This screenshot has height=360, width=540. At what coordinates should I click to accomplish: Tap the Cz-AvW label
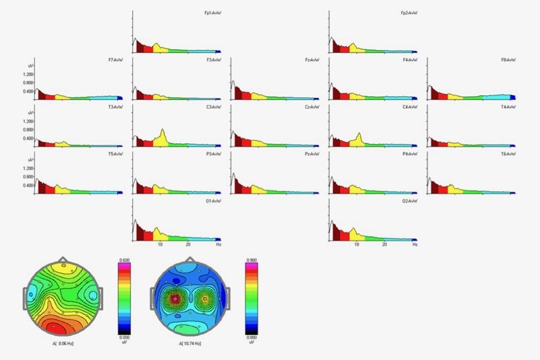(312, 107)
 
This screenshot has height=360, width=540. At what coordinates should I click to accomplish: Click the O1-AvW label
(214, 201)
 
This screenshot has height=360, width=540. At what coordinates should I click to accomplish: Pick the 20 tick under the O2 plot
(384, 245)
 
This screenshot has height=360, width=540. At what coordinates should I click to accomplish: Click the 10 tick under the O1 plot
(160, 245)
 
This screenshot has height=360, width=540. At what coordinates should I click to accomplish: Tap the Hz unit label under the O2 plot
(414, 245)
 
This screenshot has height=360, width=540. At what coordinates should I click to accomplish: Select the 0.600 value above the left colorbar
(124, 260)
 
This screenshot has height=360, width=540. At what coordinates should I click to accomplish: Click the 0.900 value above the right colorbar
(251, 260)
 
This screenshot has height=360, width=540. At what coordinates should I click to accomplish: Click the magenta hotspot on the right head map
(175, 298)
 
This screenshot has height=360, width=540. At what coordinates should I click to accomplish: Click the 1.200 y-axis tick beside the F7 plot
(28, 74)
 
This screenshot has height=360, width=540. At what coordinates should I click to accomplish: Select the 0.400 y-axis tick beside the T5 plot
(28, 185)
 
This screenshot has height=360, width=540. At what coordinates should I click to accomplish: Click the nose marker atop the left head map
(64, 259)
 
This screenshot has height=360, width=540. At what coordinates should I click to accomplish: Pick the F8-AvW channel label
(508, 60)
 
